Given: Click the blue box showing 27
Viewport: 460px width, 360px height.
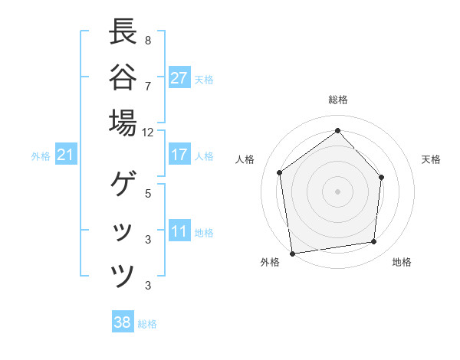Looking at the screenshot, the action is click(x=179, y=78).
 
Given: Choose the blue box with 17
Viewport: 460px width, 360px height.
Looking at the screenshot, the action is click(x=179, y=155).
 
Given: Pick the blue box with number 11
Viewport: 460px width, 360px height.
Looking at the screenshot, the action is click(x=179, y=232).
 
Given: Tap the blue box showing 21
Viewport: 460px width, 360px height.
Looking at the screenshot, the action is click(x=66, y=155).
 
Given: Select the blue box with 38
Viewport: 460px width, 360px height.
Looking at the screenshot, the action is click(x=122, y=322).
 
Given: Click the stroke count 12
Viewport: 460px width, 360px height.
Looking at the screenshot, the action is click(x=148, y=132).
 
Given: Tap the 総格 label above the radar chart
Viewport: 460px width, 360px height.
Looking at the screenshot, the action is click(x=337, y=100).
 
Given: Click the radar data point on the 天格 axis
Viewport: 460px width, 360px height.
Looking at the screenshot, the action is click(x=382, y=177).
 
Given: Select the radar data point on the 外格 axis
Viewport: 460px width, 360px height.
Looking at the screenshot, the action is click(x=292, y=253).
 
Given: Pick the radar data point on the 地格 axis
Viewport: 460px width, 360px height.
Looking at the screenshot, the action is click(x=374, y=242).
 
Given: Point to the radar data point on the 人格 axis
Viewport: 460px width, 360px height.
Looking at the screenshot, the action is click(x=280, y=172).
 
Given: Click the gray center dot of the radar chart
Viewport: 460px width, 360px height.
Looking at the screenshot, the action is click(x=337, y=191).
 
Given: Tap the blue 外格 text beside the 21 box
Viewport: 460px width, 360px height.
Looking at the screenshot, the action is click(x=41, y=156).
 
